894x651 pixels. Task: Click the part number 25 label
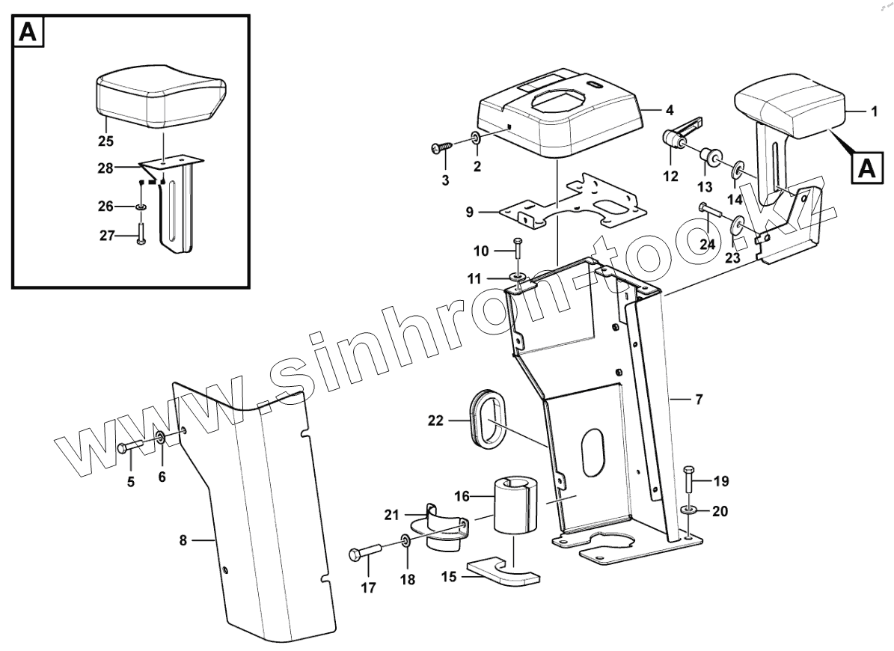[105, 140]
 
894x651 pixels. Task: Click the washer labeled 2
[476, 137]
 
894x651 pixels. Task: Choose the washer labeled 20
[689, 510]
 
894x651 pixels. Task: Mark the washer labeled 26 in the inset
[141, 206]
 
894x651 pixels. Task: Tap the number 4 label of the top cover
[669, 109]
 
